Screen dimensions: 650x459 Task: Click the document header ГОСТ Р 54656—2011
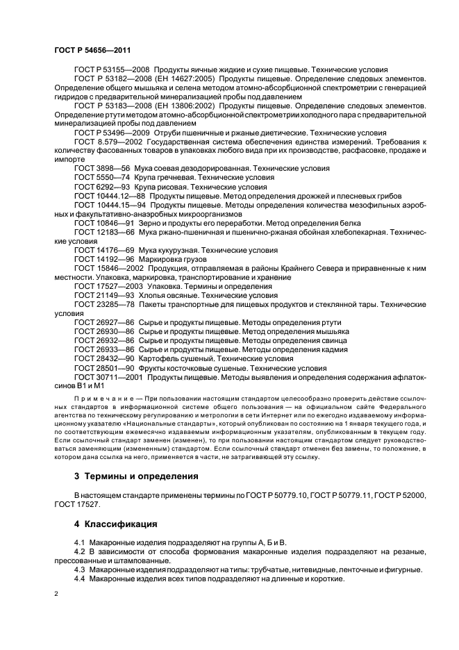92,51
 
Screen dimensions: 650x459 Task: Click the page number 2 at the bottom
56,594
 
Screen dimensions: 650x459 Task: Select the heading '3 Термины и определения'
135,476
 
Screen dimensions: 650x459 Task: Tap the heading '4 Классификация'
115,524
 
